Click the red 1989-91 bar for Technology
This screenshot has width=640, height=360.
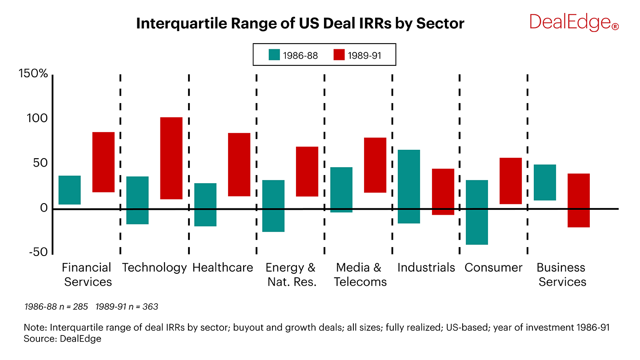click(x=171, y=158)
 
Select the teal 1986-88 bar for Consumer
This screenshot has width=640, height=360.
click(x=477, y=212)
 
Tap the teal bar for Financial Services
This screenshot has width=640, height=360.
click(x=70, y=190)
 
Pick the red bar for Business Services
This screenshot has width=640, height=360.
click(x=579, y=200)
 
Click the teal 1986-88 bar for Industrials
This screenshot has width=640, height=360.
click(x=409, y=186)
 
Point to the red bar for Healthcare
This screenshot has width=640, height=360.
click(x=239, y=164)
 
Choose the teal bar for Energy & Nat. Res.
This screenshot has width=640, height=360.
click(x=273, y=206)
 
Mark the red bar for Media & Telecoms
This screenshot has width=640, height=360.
click(x=375, y=165)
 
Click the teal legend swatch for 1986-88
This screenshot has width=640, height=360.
click(x=274, y=55)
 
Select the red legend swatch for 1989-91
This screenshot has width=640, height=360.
click(x=339, y=55)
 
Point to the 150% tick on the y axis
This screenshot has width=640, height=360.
click(x=33, y=74)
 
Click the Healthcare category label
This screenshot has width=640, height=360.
click(x=223, y=268)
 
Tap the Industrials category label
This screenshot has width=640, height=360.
click(x=426, y=268)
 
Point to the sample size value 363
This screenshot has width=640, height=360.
click(x=150, y=307)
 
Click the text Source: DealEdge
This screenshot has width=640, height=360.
click(x=63, y=339)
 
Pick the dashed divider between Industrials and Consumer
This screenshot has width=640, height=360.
click(x=460, y=164)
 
